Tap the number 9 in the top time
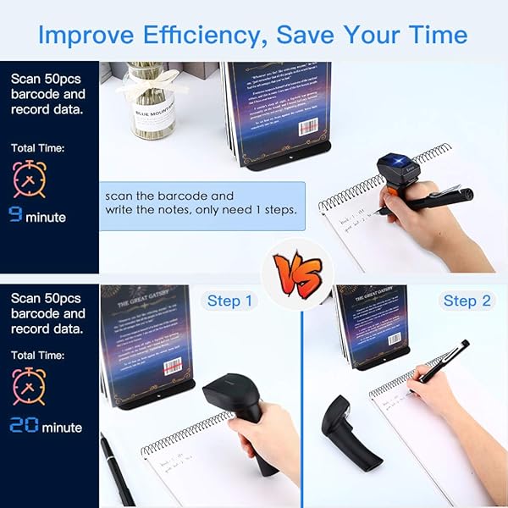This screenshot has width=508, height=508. click(15, 216)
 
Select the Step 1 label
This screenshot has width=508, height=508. click(230, 301)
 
